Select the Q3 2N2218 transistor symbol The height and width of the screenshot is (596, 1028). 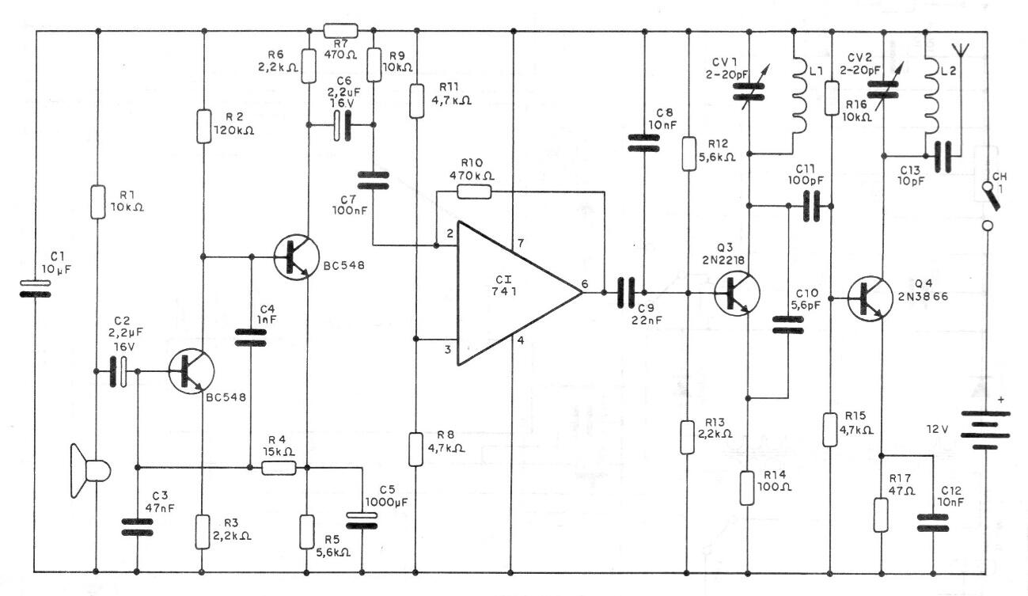737,294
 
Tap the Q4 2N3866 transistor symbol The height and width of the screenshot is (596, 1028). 870,299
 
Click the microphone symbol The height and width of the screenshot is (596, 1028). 90,471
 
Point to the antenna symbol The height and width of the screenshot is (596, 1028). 960,50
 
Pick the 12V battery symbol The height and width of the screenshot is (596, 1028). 986,430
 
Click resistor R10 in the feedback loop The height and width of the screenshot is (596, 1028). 475,192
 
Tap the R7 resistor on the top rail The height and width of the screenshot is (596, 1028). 340,31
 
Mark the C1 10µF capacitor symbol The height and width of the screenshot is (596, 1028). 36,288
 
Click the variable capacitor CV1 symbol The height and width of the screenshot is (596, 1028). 749,91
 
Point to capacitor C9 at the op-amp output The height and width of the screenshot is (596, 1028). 626,293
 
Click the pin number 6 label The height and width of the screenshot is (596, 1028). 584,284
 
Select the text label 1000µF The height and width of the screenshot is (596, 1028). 386,502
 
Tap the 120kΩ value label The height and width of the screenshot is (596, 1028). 233,131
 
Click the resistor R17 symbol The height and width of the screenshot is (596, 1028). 880,514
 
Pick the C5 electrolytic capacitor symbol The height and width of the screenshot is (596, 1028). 362,521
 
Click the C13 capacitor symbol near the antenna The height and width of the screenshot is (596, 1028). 943,157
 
